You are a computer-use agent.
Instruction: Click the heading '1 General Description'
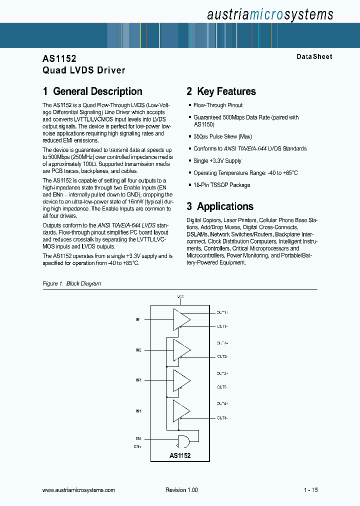92,91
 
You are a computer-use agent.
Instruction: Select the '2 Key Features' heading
221,91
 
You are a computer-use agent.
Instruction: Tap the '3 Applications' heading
220,206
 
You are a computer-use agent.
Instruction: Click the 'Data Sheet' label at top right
314,57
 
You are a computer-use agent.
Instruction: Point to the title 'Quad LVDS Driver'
84,70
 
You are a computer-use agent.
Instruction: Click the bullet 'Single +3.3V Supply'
217,161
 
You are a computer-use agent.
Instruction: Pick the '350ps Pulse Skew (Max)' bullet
222,136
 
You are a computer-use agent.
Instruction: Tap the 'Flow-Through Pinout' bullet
218,105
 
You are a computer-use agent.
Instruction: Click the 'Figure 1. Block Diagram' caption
72,283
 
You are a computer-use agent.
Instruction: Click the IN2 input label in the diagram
138,350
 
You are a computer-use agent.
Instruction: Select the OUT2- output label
222,356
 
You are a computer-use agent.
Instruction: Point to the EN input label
138,438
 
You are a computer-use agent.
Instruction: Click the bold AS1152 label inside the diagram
180,456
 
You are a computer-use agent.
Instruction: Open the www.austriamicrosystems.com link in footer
79,490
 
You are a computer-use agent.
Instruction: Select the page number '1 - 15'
310,490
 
